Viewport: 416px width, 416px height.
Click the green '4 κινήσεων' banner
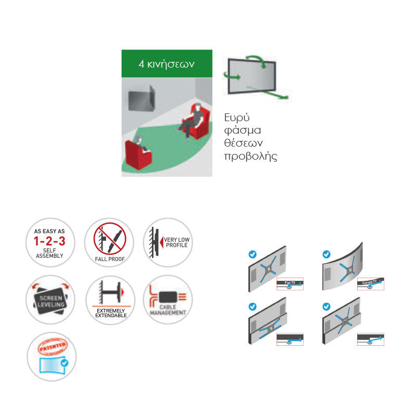[x=166, y=64]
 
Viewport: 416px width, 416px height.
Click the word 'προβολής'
[x=251, y=157]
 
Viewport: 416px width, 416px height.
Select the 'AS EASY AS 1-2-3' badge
[x=50, y=243]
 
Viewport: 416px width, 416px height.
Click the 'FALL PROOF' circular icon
[x=109, y=243]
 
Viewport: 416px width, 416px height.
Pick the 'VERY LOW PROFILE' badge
[x=167, y=243]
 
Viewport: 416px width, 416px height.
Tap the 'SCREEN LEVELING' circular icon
[x=50, y=300]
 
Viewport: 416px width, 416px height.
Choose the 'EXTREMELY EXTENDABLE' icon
[x=109, y=300]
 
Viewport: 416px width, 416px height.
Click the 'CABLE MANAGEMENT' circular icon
[x=167, y=300]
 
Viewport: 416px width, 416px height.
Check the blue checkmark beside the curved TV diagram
[x=326, y=255]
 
